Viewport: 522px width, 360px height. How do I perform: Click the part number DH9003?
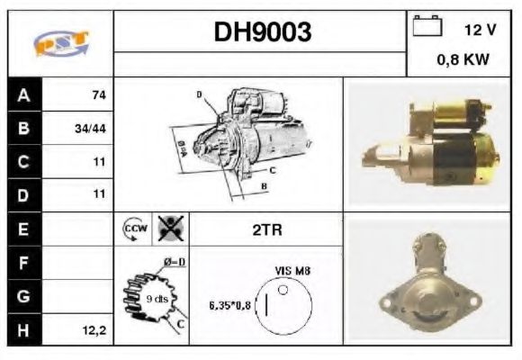[x=262, y=32]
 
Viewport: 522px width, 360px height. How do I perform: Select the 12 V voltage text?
[x=480, y=30]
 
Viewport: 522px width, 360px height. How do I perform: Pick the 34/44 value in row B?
[x=91, y=129]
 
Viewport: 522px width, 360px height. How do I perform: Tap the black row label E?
[x=23, y=229]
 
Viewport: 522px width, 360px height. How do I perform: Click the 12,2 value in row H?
[x=94, y=330]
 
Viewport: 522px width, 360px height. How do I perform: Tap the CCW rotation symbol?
[x=131, y=229]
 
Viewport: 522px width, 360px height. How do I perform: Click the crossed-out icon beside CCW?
[x=168, y=229]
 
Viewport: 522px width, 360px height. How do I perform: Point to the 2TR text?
[x=267, y=229]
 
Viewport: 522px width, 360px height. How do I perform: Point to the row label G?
[x=23, y=296]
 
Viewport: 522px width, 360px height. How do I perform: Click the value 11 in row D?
[x=99, y=193]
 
